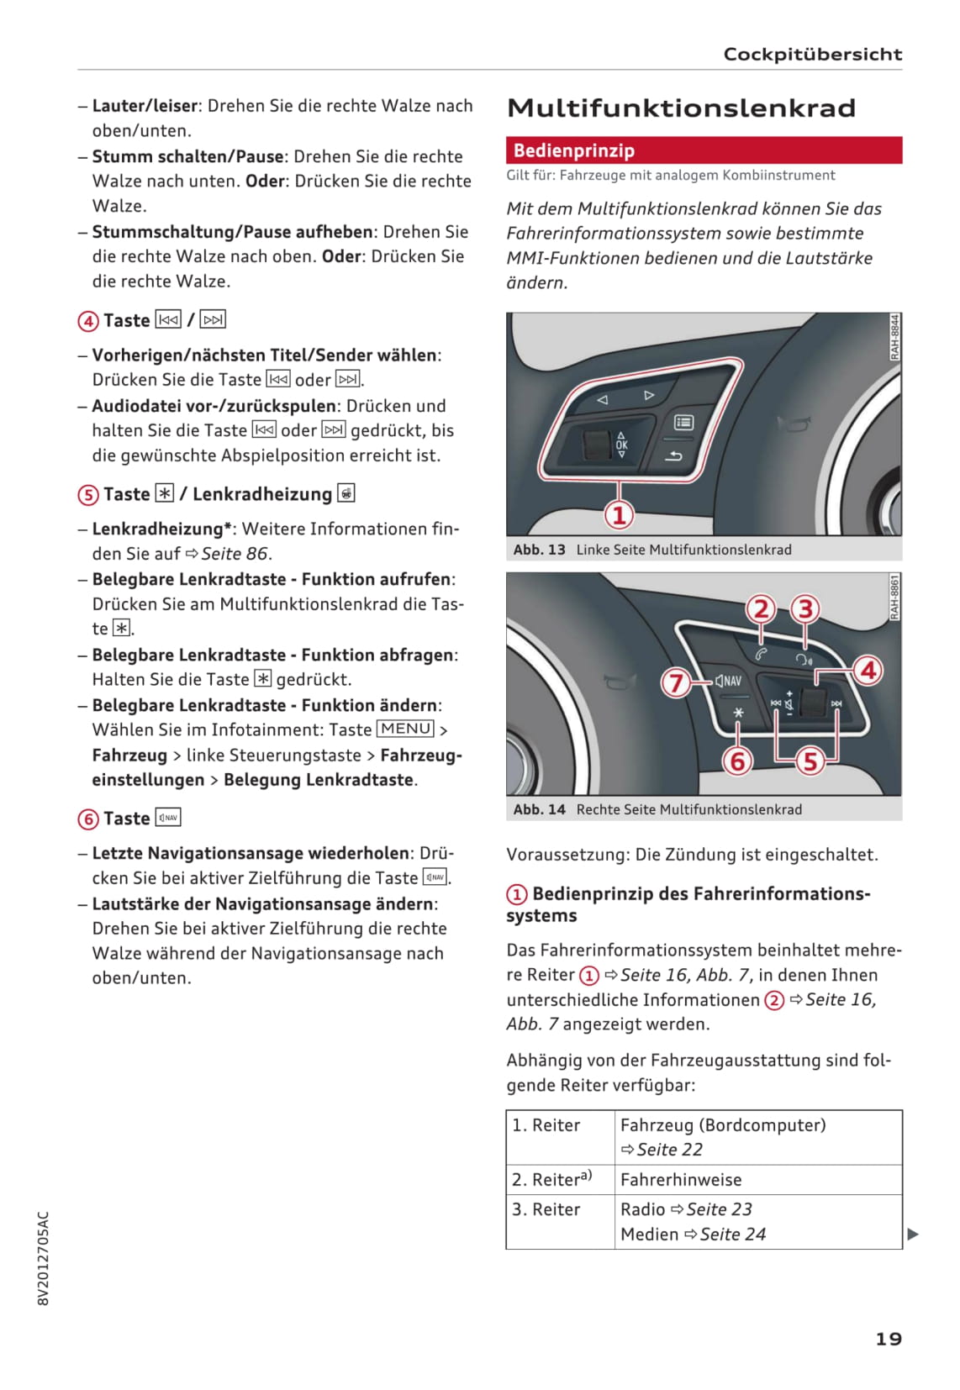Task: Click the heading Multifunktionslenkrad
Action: tap(681, 108)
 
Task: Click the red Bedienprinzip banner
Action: tap(704, 150)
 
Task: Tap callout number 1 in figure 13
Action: tap(620, 514)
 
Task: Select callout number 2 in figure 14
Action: tap(761, 608)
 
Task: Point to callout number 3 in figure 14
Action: tap(805, 608)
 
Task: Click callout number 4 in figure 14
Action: tap(868, 670)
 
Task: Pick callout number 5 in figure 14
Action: tap(810, 761)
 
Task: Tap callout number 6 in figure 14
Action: tap(737, 761)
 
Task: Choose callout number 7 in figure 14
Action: tap(675, 682)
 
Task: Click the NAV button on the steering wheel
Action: tap(729, 682)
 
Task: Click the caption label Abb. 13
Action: tap(539, 550)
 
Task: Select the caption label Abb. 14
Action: tap(539, 809)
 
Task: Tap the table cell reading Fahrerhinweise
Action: tap(681, 1180)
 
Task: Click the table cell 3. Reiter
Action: tap(546, 1209)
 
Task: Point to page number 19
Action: tap(889, 1339)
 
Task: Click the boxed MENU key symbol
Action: tap(405, 729)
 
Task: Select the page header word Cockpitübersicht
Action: tap(812, 55)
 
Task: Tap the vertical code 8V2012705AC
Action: tap(44, 1258)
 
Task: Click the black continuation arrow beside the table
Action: tap(913, 1235)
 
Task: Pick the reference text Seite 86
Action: tap(235, 554)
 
